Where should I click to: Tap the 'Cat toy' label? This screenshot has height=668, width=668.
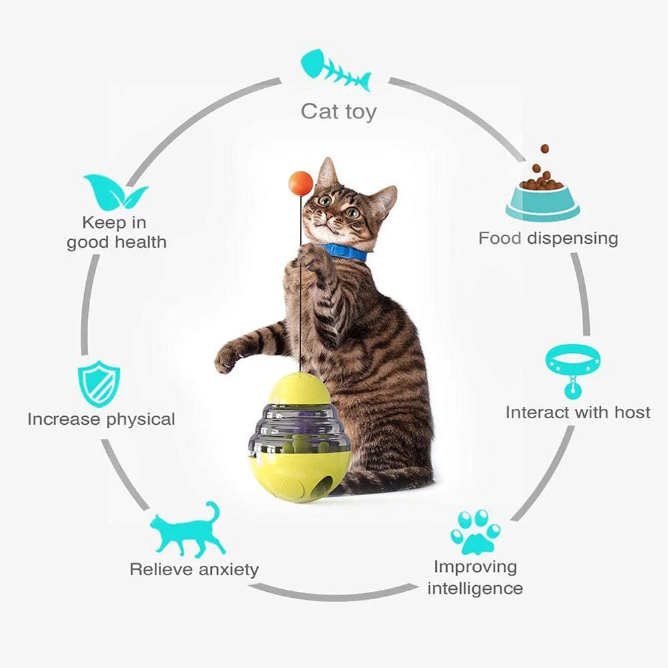[x=338, y=111]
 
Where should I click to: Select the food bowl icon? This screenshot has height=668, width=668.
[x=542, y=190]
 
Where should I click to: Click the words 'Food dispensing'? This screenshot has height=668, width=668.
[x=548, y=238]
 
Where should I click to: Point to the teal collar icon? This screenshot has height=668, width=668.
[x=572, y=367]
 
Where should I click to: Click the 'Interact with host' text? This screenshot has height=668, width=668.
[x=577, y=412]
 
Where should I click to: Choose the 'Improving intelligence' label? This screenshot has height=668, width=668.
[x=475, y=577]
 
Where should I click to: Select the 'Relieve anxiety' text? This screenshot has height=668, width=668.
[x=194, y=570]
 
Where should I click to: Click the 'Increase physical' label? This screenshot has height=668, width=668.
[x=101, y=420]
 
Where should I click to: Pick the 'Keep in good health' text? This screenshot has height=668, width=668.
[x=116, y=232]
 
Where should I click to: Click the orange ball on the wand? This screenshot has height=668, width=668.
[x=301, y=183]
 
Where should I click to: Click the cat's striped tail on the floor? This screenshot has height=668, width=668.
[x=387, y=481]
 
